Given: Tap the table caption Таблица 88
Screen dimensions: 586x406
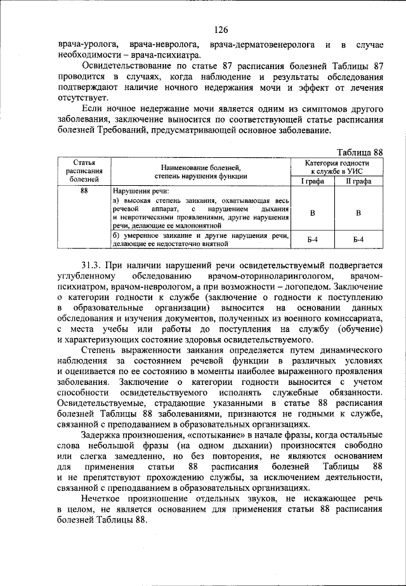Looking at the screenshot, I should pos(360,152).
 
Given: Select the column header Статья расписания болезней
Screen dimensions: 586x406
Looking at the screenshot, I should pos(84,171).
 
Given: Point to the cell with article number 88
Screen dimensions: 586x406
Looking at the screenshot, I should pos(84,190).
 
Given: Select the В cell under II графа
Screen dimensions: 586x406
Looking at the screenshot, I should pos(358,213).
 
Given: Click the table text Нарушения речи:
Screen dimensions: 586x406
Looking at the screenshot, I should pos(141,190).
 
